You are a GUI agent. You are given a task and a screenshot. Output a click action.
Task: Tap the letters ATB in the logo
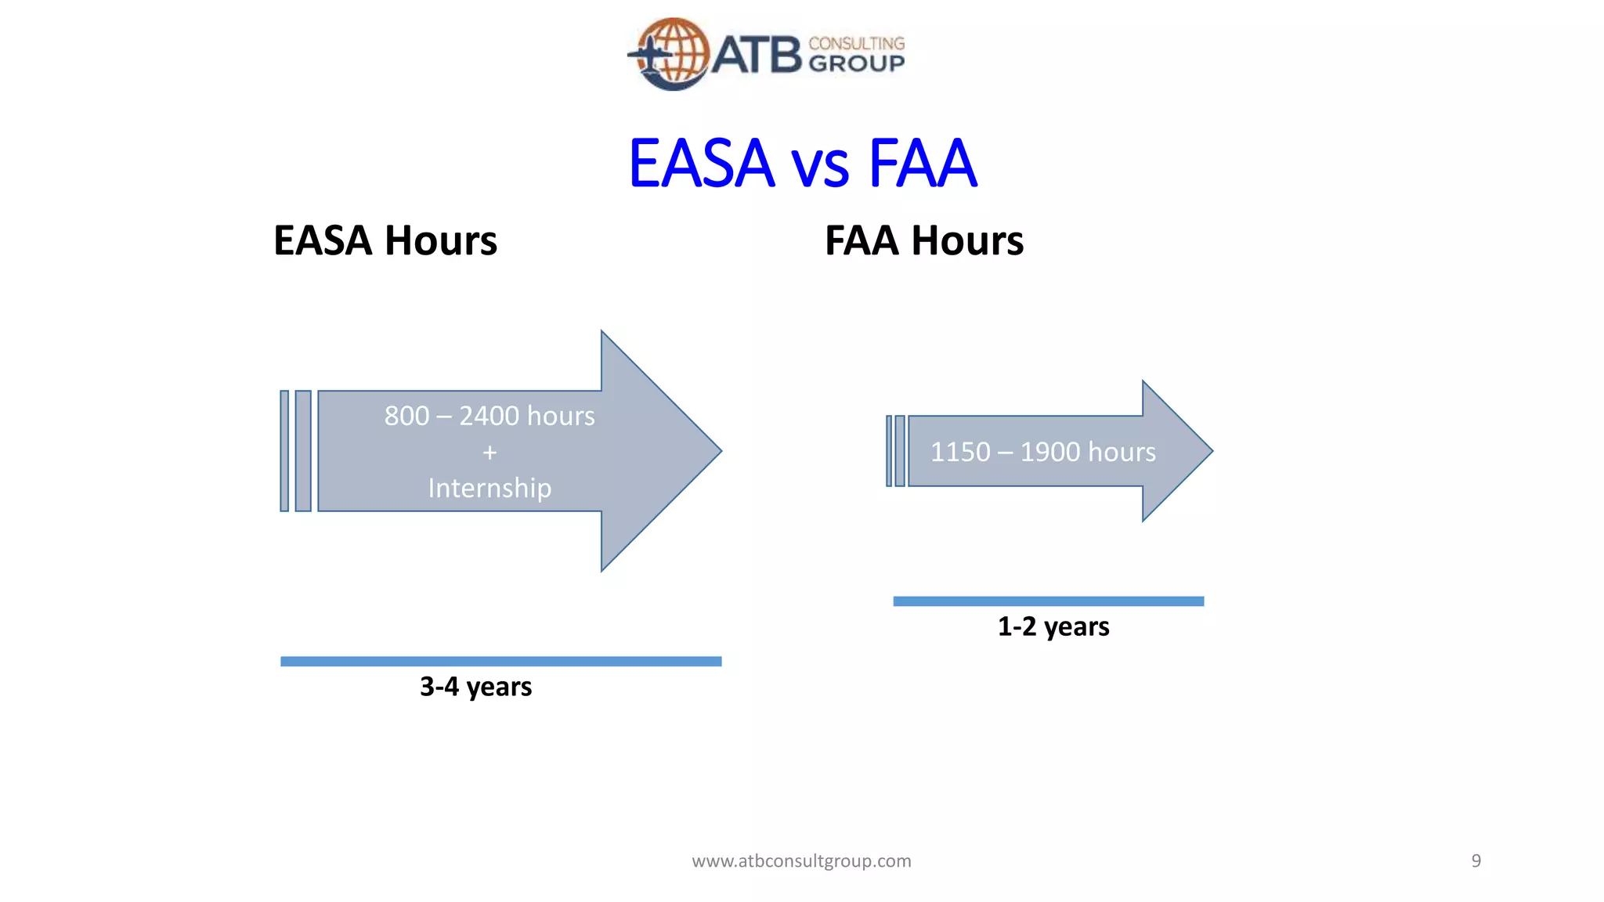point(757,55)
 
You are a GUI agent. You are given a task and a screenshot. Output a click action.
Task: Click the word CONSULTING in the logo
point(856,44)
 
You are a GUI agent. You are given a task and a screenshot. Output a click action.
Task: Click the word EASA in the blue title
point(701,164)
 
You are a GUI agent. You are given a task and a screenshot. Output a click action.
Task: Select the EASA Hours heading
point(385,240)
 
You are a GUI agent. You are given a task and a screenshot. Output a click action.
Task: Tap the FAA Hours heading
point(923,240)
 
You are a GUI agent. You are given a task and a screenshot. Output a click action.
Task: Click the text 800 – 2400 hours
point(490,416)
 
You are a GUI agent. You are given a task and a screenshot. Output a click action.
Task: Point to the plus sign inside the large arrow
point(490,453)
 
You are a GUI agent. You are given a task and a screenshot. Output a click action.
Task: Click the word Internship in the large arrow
point(490,488)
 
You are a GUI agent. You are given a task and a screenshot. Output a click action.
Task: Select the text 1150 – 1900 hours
point(1042,452)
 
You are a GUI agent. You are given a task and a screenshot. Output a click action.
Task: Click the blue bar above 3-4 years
point(500,662)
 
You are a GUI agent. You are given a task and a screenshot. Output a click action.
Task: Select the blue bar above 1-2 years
point(1048,601)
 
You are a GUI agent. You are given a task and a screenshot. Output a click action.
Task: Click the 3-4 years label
point(475,687)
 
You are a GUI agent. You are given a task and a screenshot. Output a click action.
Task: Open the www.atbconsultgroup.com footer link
point(801,861)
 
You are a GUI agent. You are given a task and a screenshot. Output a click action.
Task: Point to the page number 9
point(1476,861)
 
